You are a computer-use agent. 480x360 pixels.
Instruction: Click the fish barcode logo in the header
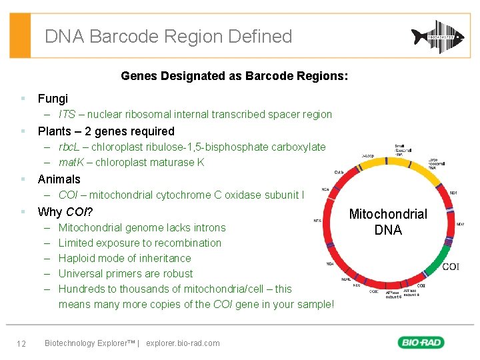[x=437, y=36]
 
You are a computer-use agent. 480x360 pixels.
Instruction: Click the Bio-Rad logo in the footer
[x=421, y=343]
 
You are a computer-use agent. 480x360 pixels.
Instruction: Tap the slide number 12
[x=21, y=343]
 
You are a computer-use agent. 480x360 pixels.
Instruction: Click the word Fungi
[x=53, y=99]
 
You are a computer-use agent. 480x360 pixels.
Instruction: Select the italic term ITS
[x=67, y=115]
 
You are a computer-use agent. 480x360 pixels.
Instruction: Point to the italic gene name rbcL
[x=71, y=147]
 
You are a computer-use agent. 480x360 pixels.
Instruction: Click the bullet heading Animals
[x=59, y=179]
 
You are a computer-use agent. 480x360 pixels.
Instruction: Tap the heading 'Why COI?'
[x=65, y=212]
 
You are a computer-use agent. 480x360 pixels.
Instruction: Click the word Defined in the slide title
[x=260, y=36]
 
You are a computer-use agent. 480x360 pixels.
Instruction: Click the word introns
[x=207, y=227]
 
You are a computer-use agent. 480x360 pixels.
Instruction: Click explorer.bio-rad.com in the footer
[x=183, y=343]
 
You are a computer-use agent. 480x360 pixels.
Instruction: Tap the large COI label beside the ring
[x=450, y=267]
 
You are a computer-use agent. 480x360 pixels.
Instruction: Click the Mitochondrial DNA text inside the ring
[x=388, y=222]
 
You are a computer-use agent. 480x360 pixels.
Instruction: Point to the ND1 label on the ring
[x=453, y=193]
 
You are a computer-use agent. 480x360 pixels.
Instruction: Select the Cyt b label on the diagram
[x=339, y=172]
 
